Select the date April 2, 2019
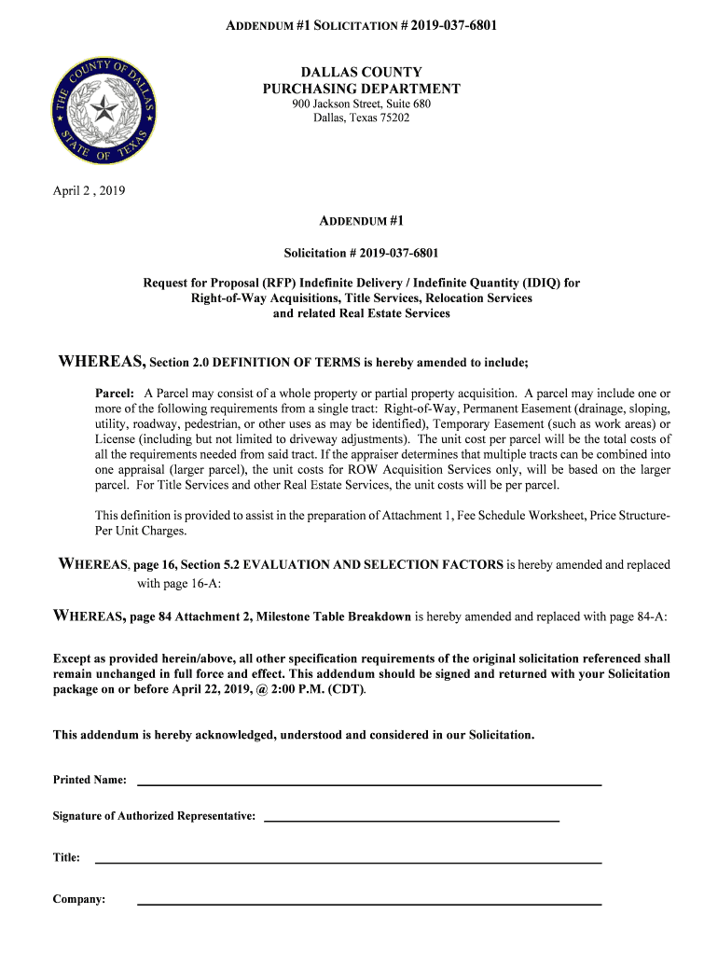(89, 191)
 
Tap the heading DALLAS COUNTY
(361, 73)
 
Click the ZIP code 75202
(392, 118)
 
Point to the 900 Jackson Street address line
(361, 104)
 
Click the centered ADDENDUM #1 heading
(361, 222)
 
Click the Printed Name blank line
(369, 784)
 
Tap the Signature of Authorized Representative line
(412, 820)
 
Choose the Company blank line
(369, 904)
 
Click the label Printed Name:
(90, 780)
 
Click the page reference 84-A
(646, 616)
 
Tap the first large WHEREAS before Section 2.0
(102, 362)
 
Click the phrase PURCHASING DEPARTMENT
(361, 89)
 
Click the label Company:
(79, 899)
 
